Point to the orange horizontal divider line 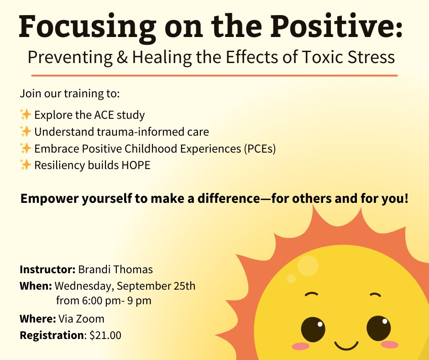pyautogui.click(x=214, y=75)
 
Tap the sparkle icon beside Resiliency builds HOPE pyautogui.click(x=26, y=165)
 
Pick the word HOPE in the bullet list pyautogui.click(x=135, y=165)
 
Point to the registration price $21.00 pyautogui.click(x=105, y=335)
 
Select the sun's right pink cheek pyautogui.click(x=390, y=344)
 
